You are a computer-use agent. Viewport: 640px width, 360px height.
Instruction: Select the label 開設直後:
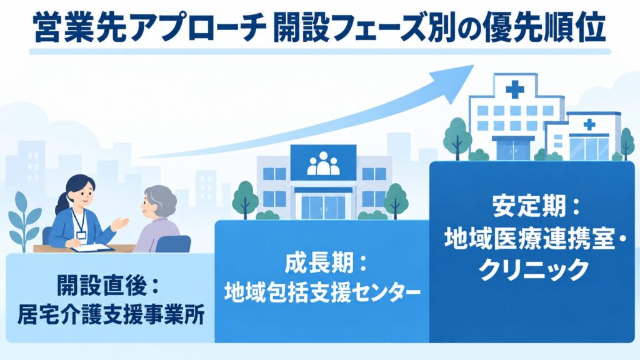(107, 285)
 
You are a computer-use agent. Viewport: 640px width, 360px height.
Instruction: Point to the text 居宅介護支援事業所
(111, 314)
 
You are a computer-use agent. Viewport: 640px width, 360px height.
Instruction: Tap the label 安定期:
(536, 206)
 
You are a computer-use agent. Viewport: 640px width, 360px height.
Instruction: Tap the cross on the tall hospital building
(515, 89)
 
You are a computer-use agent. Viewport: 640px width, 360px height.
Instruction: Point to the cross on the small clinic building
(589, 124)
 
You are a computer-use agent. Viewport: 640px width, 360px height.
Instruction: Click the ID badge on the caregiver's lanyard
(82, 236)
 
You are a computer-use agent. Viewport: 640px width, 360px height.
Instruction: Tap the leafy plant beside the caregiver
(24, 221)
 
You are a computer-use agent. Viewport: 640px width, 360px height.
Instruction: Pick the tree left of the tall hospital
(457, 137)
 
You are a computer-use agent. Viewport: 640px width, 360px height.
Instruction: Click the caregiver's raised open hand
(121, 223)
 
